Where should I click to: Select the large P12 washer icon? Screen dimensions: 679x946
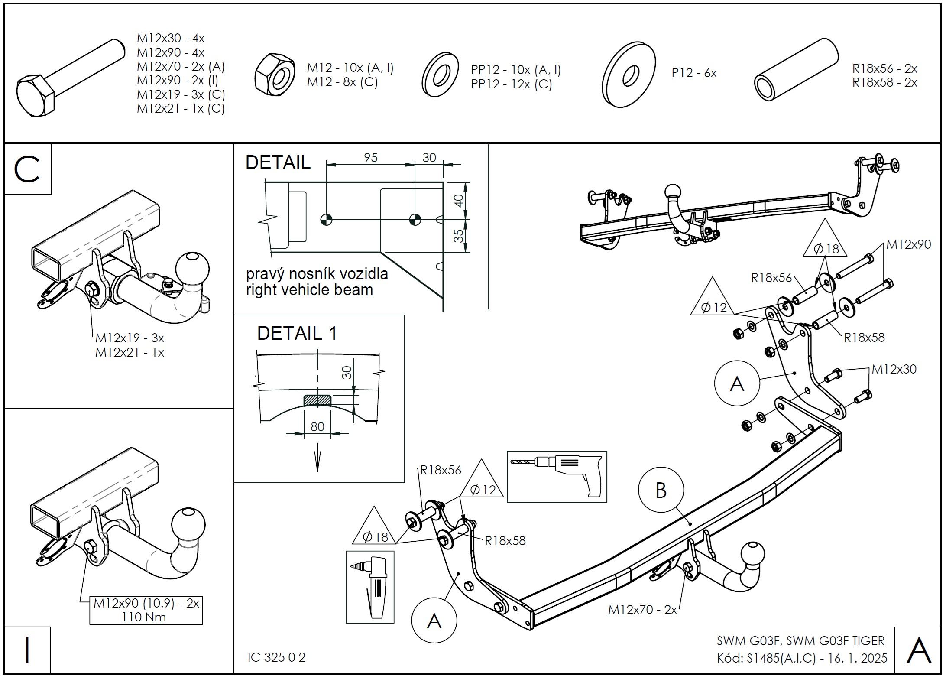click(x=629, y=75)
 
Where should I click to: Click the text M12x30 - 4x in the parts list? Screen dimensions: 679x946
click(x=171, y=39)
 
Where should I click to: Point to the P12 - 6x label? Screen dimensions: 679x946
click(x=694, y=73)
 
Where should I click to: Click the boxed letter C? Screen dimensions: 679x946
click(x=27, y=169)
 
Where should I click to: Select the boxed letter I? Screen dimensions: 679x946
click(x=27, y=650)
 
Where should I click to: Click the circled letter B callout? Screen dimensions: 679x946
click(x=661, y=490)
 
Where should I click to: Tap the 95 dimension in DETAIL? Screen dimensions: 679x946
click(x=370, y=157)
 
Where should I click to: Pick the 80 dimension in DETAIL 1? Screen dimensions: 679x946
click(x=317, y=427)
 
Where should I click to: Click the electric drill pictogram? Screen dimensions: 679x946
click(x=557, y=476)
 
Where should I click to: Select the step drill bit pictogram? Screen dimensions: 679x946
click(x=370, y=587)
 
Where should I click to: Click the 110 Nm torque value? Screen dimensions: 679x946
click(x=144, y=617)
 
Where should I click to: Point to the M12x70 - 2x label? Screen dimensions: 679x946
click(x=642, y=610)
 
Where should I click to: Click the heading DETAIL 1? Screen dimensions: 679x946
click(x=297, y=333)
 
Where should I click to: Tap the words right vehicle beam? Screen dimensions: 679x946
click(x=309, y=289)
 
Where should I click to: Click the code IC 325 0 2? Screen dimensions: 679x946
click(x=276, y=657)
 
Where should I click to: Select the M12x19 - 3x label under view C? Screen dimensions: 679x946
click(x=130, y=338)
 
